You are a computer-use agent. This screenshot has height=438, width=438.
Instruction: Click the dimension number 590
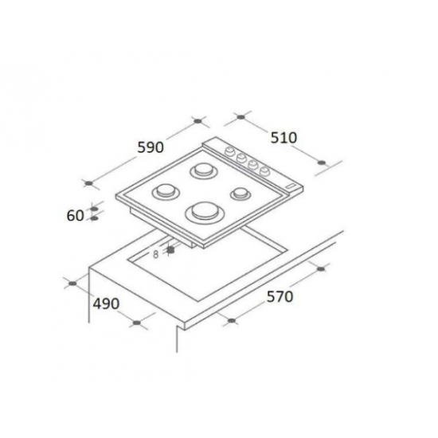coord(151,148)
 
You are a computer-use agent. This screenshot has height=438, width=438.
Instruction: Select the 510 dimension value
coord(283,137)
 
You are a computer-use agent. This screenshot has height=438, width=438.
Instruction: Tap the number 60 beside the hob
coord(76,215)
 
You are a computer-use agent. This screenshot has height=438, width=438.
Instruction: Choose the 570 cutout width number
coord(280,297)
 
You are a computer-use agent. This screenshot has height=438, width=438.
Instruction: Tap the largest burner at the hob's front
coord(203,212)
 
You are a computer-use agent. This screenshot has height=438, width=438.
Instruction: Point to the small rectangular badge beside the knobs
coord(292,185)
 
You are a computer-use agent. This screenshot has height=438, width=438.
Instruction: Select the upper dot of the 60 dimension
coord(94,209)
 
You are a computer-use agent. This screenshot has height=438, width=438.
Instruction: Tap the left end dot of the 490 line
coord(72,283)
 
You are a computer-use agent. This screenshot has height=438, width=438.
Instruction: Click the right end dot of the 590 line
coord(197,123)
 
